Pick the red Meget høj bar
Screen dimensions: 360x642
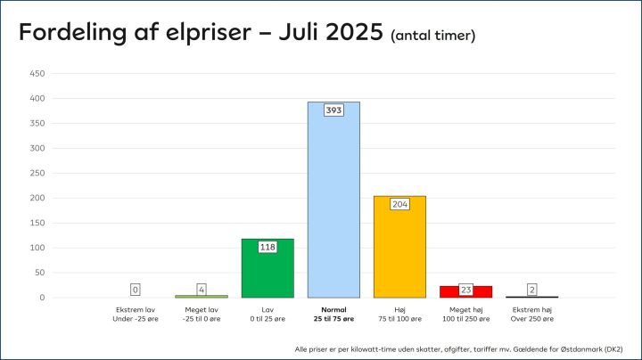tap(465, 291)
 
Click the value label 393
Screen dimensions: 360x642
tap(333, 110)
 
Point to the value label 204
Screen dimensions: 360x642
tap(399, 204)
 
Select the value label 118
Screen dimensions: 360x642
tap(267, 247)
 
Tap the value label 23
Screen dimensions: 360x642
tap(465, 290)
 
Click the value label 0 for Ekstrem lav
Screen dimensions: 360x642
tap(136, 290)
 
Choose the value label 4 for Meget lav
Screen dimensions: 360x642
tap(202, 290)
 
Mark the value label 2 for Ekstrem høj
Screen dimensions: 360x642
tap(531, 290)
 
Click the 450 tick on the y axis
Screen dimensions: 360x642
tap(37, 74)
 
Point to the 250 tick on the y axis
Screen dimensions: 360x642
tap(37, 173)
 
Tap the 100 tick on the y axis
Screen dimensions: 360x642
tap(37, 248)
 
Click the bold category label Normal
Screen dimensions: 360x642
tap(333, 309)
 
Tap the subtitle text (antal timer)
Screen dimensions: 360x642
tap(432, 36)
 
